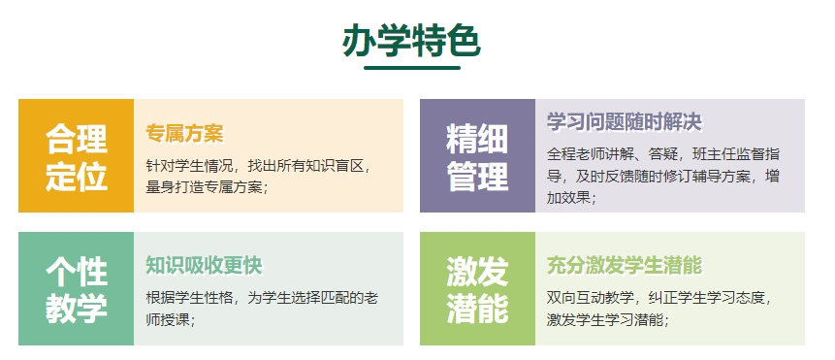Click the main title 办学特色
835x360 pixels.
411,41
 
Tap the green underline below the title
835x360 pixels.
411,68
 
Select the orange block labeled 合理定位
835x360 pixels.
76,155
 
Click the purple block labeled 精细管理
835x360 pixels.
476,155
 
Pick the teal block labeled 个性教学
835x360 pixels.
76,288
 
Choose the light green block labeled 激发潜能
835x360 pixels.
476,288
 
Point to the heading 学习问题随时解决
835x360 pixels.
624,122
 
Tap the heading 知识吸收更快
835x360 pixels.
204,265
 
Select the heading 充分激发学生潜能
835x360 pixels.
624,265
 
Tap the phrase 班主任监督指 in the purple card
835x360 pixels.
734,155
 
